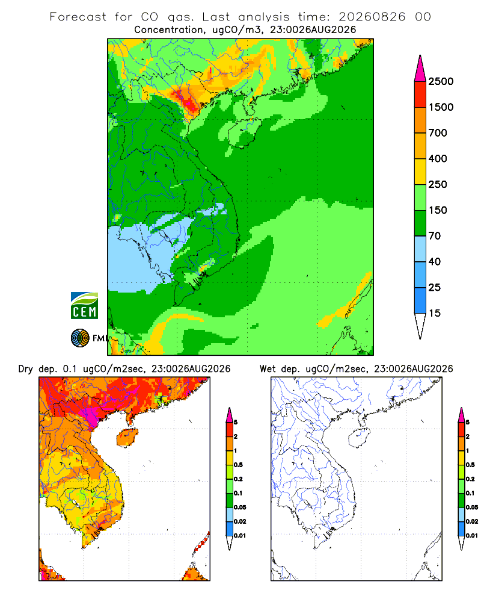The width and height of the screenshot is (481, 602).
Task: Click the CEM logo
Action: point(84,306)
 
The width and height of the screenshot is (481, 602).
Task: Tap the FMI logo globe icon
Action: point(80,338)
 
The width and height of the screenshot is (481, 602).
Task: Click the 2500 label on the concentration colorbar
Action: point(441,81)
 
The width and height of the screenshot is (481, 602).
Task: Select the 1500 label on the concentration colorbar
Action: point(441,107)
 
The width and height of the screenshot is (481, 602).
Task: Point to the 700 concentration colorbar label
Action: point(438,133)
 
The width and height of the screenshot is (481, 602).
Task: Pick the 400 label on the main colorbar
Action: point(438,158)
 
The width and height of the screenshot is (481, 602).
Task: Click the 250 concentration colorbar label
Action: point(438,184)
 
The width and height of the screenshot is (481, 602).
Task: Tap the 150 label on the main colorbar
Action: point(438,210)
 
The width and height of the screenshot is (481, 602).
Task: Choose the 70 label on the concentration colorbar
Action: point(435,236)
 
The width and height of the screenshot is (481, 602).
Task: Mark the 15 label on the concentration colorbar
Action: point(435,313)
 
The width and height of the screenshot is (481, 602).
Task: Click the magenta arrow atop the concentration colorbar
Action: point(420,69)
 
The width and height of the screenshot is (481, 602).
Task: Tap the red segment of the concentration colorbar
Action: point(420,95)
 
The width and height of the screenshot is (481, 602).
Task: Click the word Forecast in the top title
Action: point(78,17)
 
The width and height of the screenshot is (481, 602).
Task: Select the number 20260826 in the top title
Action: point(372,17)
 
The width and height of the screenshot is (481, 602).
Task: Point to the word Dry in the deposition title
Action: point(26,369)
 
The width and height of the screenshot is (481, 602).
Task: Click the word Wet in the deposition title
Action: point(268,369)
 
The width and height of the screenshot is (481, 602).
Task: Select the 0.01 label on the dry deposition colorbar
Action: point(240,536)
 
